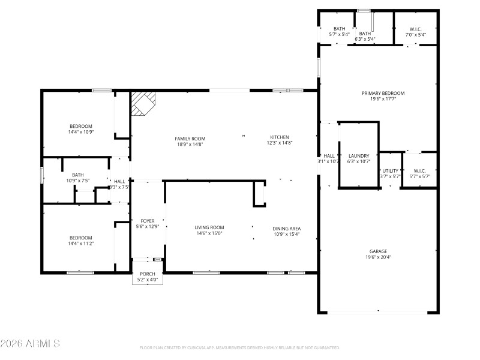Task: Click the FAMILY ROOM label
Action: coord(190,139)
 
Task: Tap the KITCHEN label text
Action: coord(279,137)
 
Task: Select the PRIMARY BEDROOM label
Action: coord(383,93)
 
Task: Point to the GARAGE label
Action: coord(378,251)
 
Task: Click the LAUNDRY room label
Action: coord(359,155)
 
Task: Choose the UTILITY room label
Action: coord(391,170)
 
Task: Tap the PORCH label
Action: coord(147,274)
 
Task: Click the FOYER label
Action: coord(147,221)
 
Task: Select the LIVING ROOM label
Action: coord(209,227)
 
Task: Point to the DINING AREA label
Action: coord(286,228)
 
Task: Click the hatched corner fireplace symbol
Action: coord(143,103)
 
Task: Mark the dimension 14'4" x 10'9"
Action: coord(80,131)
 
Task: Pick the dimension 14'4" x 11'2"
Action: coord(80,244)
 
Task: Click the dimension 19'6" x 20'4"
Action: coord(378,257)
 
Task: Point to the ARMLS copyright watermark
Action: coord(30,344)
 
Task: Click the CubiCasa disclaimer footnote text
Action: coord(240,347)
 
